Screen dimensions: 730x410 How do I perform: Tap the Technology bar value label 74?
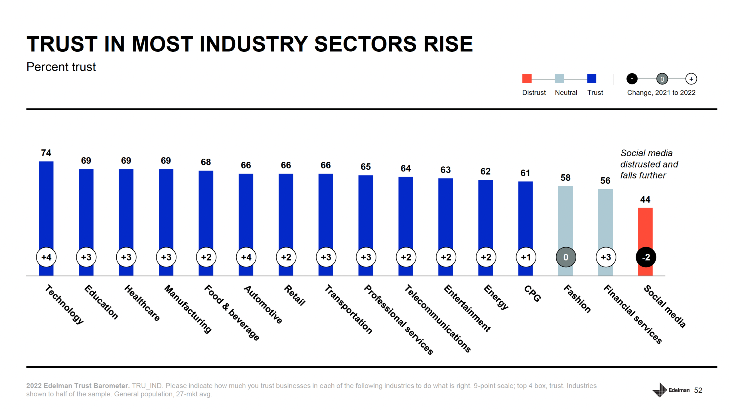(46, 153)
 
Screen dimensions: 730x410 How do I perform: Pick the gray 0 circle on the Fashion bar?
(565, 257)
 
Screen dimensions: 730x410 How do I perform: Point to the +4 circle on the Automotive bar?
(246, 257)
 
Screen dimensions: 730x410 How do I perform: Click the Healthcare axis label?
(142, 302)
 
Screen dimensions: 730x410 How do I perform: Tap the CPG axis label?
(532, 293)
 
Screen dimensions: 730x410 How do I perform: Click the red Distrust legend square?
(526, 78)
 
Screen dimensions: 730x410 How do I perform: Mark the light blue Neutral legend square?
(559, 78)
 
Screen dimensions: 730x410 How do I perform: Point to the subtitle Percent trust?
(61, 67)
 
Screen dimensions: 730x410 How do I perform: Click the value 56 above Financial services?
(605, 180)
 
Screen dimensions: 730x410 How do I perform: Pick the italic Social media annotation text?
(649, 164)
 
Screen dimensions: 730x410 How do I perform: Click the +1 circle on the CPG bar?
(526, 257)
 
